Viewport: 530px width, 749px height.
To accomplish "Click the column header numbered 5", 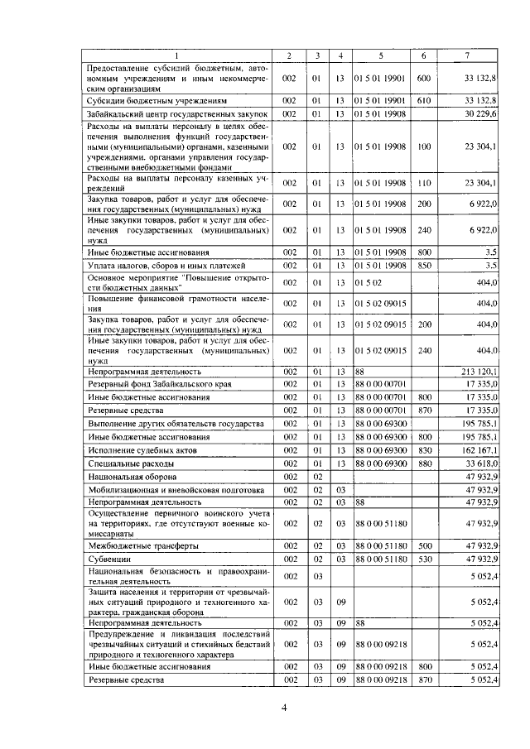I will [x=380, y=55].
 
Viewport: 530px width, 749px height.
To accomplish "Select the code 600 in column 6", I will [x=423, y=78].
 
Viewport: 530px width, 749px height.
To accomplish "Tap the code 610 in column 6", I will [x=423, y=99].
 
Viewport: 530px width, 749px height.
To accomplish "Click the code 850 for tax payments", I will [x=423, y=265].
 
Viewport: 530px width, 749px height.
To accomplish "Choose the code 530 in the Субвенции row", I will [x=423, y=559].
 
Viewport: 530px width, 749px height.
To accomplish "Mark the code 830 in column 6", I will [x=423, y=450].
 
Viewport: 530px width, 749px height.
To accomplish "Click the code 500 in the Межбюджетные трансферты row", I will [x=423, y=545].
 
